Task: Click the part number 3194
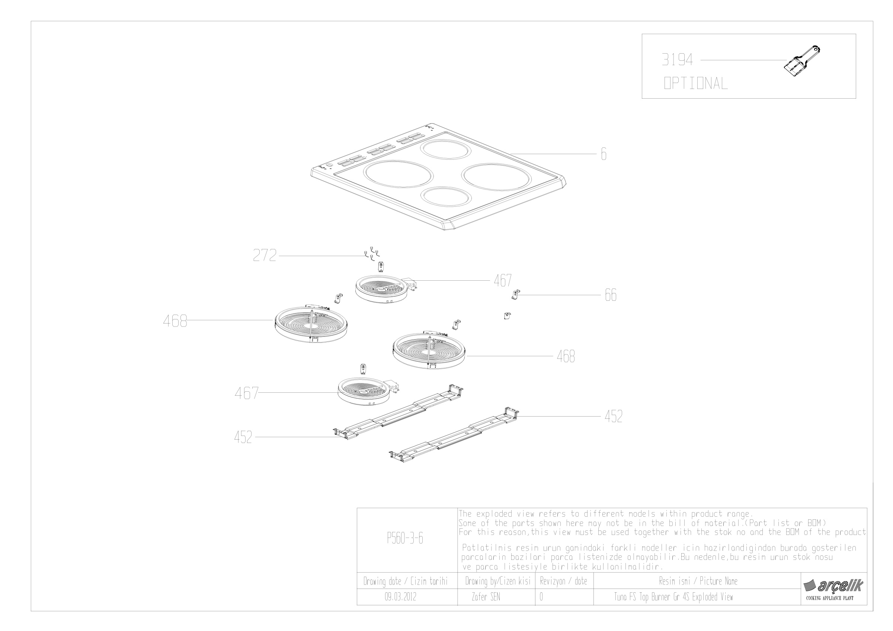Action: coord(677,60)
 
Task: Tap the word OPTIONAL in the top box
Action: coord(695,83)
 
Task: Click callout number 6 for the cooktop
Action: coord(604,154)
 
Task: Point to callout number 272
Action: coord(265,255)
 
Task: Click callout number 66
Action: coord(611,295)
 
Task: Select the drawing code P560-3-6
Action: coord(405,538)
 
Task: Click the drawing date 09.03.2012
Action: coord(400,597)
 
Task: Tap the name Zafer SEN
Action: coord(486,597)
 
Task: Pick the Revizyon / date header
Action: coord(564,581)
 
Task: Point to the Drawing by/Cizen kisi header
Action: coord(498,581)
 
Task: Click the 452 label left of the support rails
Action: coord(243,437)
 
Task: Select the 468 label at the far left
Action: coord(175,321)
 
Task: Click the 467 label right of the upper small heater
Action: coord(503,280)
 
